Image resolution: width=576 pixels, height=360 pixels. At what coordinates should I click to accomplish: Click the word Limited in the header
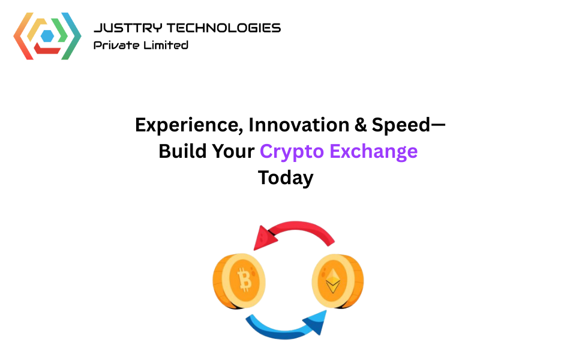(165, 45)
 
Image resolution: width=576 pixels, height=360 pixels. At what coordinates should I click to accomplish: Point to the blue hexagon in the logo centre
(47, 35)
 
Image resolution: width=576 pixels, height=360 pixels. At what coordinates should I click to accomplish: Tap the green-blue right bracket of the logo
(73, 36)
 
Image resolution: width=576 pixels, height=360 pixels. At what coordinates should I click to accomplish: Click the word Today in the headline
(286, 178)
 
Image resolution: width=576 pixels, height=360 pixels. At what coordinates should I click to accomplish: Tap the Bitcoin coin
(240, 280)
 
